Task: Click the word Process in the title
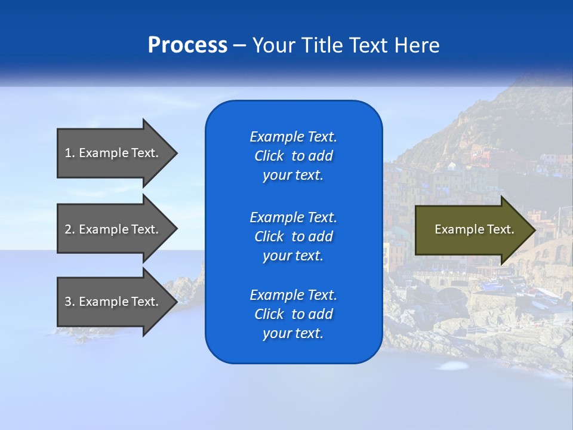pos(187,45)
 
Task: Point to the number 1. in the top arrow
pos(70,153)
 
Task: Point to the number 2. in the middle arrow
pos(70,229)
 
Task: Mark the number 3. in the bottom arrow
pos(70,302)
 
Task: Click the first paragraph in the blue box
pos(293,156)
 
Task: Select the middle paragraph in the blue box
pos(293,236)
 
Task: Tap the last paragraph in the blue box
pos(293,314)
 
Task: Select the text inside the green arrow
pos(474,230)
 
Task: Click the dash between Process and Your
pos(239,45)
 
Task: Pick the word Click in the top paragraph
pos(269,156)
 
